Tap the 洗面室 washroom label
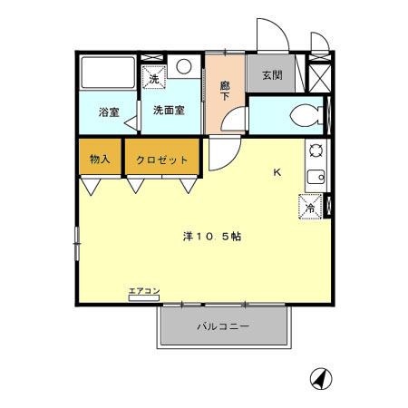169,111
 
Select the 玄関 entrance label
271,75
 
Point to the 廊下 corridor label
225,91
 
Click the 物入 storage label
100,160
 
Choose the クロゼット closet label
162,160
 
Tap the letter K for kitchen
277,172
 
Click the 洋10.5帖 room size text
211,237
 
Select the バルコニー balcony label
223,326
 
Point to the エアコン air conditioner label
144,291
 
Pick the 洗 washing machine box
153,77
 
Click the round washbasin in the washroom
184,66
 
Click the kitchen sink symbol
316,178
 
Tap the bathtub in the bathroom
108,73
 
